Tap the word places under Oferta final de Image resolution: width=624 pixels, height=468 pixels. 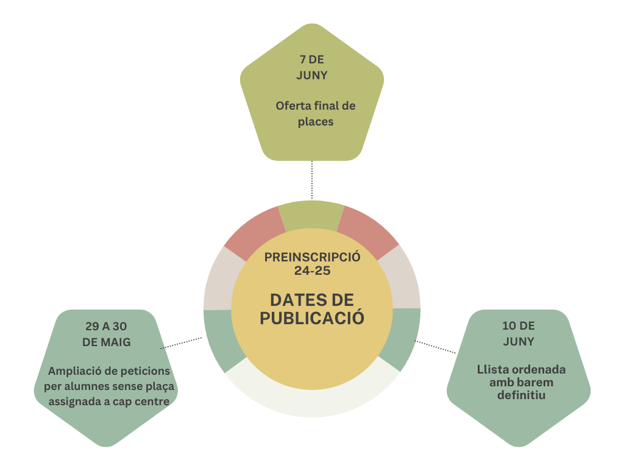click(x=316, y=122)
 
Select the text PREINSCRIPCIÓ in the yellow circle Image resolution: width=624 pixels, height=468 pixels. click(x=312, y=257)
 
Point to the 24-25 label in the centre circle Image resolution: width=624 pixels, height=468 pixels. click(x=312, y=271)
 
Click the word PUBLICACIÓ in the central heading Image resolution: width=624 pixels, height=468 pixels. click(x=312, y=317)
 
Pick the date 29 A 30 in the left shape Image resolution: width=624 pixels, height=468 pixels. click(x=106, y=326)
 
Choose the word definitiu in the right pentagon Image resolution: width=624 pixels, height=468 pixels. click(x=521, y=395)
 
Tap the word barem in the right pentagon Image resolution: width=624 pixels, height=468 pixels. click(x=538, y=382)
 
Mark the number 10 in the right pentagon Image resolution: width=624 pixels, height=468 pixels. click(x=509, y=325)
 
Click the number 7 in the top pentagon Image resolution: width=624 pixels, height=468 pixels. click(x=302, y=60)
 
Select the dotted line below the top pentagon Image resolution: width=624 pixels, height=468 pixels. click(x=312, y=180)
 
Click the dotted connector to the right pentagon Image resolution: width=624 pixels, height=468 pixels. click(x=437, y=347)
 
